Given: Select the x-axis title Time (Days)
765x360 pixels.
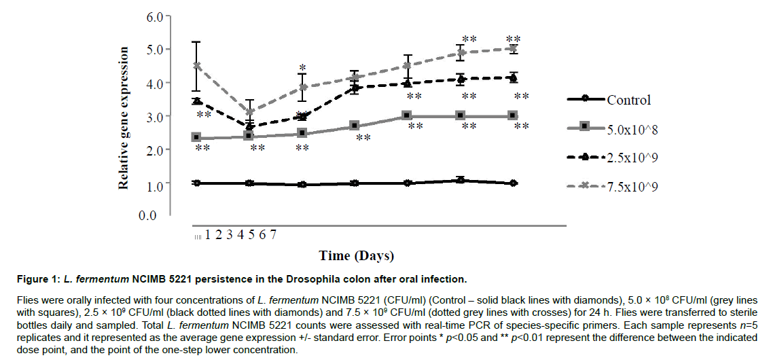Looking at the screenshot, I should [357, 256].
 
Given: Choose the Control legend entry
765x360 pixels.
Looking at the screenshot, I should [628, 100].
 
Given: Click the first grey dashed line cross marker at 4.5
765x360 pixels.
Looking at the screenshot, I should [197, 66].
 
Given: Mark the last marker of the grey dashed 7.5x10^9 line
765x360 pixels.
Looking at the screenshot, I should [513, 49].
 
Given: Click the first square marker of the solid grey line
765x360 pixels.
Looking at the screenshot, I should [197, 138].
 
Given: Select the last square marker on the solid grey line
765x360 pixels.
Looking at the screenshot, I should [513, 116].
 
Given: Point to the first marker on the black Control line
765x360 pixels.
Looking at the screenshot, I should [197, 183].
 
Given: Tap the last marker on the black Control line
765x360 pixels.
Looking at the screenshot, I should [513, 183].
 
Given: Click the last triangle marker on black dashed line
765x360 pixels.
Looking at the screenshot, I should [513, 78].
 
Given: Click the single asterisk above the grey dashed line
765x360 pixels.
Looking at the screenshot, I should [302, 68].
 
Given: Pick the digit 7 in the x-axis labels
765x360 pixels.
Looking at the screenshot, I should [273, 235].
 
